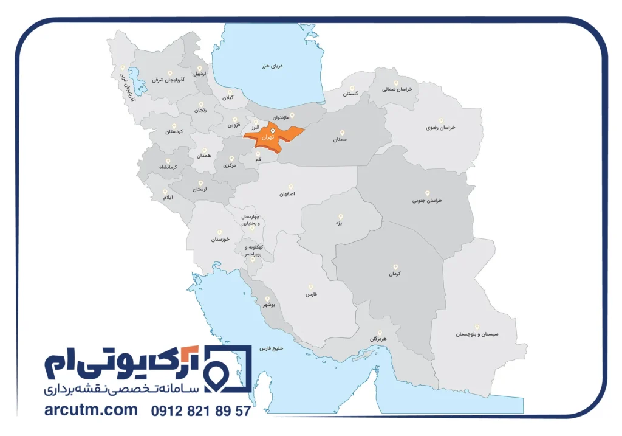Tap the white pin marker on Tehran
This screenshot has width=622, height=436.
click(273, 130)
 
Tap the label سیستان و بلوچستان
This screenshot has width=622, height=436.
click(477, 334)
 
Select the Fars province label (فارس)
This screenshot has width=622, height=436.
click(312, 294)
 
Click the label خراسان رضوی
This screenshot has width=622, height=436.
click(440, 128)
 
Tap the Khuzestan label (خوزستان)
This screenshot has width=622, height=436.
click(219, 239)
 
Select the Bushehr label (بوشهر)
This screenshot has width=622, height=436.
click(268, 306)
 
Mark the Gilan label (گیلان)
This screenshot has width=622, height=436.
click(227, 97)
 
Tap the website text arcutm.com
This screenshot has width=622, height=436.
click(91, 410)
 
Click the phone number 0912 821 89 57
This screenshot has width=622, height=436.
click(200, 411)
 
